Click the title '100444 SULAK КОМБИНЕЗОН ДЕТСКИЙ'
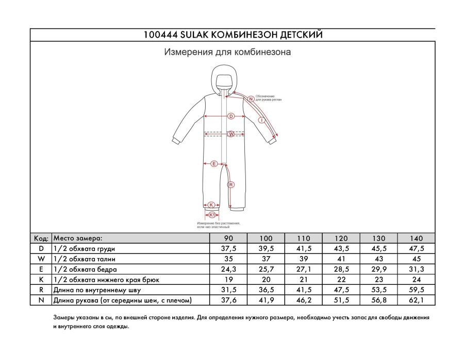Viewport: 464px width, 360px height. [x=232, y=35]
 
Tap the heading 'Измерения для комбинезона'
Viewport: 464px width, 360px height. [x=227, y=52]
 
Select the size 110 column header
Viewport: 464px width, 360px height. [x=304, y=238]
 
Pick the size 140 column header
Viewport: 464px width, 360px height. [x=416, y=238]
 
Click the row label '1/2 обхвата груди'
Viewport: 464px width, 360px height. [x=85, y=249]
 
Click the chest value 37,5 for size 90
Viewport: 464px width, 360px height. [x=228, y=249]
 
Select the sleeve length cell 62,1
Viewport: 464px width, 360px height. [x=416, y=300]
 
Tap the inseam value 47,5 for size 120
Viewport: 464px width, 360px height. [x=341, y=290]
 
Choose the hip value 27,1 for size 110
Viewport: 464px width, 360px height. [x=304, y=269]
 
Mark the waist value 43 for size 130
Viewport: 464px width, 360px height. [x=378, y=259]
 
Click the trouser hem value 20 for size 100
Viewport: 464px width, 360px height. [x=266, y=280]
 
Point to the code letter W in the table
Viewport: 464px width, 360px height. [x=41, y=259]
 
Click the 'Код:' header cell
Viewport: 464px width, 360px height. [x=41, y=238]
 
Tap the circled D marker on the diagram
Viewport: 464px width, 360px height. [x=231, y=116]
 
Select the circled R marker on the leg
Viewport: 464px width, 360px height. [x=231, y=184]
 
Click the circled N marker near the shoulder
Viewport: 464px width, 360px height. [x=251, y=99]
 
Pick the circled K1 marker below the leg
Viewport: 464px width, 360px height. [x=211, y=214]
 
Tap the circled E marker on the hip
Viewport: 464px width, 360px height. [x=214, y=164]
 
